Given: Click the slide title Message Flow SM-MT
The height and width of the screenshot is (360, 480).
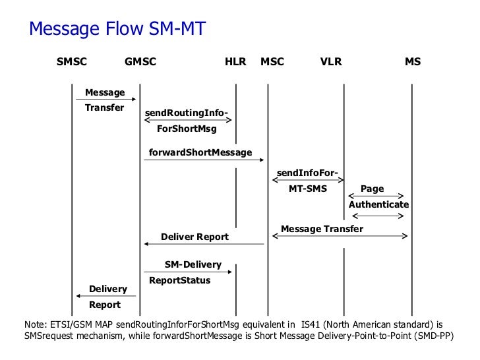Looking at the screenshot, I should (117, 30).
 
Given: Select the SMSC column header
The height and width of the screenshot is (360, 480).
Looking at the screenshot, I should (72, 63).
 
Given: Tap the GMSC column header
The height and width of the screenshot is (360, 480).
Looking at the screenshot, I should (140, 63).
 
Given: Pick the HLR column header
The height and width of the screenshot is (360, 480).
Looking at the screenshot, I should (235, 63).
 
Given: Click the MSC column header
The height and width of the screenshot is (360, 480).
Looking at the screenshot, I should (272, 63).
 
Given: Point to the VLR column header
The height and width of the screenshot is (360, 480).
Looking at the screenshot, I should (331, 63).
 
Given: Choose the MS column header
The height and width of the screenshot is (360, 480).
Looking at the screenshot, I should (413, 63).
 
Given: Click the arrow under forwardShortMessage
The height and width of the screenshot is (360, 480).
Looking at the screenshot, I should (204, 160).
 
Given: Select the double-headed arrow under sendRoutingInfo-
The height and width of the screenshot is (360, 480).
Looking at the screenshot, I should (188, 120).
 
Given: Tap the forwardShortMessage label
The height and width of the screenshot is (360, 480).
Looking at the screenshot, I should (200, 152).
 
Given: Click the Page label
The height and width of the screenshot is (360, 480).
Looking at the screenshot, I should (373, 189).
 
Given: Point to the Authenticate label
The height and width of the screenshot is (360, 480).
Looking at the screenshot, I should (378, 204).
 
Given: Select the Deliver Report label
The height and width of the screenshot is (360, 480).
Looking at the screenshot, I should (195, 237).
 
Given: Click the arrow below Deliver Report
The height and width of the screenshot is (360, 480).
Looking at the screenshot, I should (204, 245).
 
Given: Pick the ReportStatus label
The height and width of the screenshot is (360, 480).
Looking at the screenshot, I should (180, 280).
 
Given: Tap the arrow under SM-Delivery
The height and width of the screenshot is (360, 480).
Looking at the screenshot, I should (188, 272).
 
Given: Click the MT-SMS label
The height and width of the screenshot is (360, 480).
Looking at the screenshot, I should (308, 189).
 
